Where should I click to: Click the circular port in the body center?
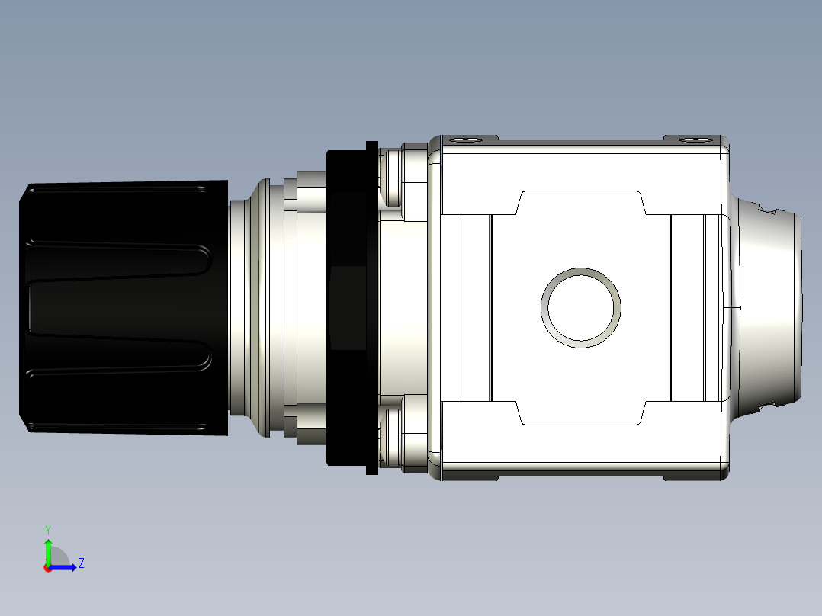(580, 307)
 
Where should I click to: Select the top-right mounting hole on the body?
(692, 140)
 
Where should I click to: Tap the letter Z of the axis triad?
(81, 563)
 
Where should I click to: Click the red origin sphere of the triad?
(48, 568)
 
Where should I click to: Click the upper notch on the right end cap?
(768, 207)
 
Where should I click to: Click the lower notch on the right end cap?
(768, 406)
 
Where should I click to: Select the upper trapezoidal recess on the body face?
(581, 203)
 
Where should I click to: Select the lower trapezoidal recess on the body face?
(581, 412)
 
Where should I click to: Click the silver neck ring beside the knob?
(248, 307)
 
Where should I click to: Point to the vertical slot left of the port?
(476, 307)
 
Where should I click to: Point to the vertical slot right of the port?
(688, 307)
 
